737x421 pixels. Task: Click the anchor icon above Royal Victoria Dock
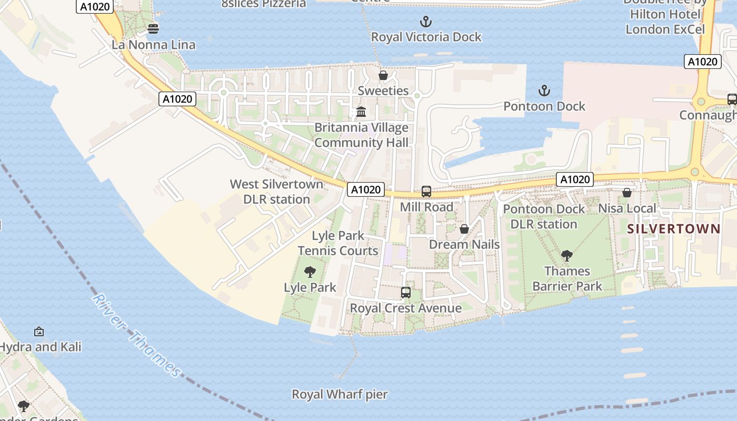tap(426, 22)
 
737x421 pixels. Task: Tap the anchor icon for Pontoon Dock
tap(544, 91)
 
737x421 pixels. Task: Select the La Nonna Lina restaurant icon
tap(153, 28)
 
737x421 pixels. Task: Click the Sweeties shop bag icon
tap(383, 75)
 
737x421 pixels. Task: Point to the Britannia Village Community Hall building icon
tap(361, 112)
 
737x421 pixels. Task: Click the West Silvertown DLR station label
tap(276, 192)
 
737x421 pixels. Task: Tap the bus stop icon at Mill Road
tap(426, 192)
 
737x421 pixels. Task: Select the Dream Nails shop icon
tap(464, 229)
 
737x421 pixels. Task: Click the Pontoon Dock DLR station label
tap(544, 217)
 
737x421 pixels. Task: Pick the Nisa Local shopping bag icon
tap(627, 193)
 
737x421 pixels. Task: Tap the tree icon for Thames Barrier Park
tap(567, 256)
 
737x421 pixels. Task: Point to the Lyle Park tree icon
tap(310, 272)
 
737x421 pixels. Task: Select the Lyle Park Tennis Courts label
tap(338, 243)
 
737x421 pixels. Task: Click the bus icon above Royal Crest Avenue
tap(405, 293)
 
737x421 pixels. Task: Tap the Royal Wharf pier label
tap(340, 394)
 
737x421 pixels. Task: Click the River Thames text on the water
tap(136, 335)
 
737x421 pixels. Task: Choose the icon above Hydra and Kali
tap(38, 332)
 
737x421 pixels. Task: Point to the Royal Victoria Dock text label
tap(426, 37)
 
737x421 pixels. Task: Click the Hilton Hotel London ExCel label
tap(665, 22)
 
